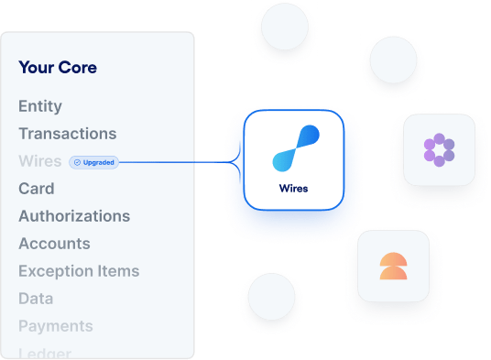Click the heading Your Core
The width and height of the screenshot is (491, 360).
tap(57, 67)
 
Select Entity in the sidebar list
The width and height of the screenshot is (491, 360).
tap(40, 106)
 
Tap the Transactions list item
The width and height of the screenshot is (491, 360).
tap(67, 134)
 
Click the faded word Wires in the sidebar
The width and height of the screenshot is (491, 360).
tap(39, 161)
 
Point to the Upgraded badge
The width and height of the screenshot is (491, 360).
tap(93, 162)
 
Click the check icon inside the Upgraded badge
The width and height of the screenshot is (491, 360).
tap(77, 162)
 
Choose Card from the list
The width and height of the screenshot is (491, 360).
tap(37, 189)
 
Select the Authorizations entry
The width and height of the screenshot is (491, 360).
tap(74, 216)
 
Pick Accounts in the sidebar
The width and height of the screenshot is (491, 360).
tap(54, 244)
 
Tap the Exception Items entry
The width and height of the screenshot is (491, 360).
tap(79, 271)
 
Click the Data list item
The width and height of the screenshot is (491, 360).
tap(36, 299)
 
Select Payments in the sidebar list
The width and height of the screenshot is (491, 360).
tap(55, 326)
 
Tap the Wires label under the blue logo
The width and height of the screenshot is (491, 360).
tap(293, 189)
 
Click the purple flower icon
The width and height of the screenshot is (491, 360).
tap(440, 149)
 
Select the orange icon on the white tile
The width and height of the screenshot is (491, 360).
tap(393, 265)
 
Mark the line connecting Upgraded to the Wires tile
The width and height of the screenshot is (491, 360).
tap(179, 163)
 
